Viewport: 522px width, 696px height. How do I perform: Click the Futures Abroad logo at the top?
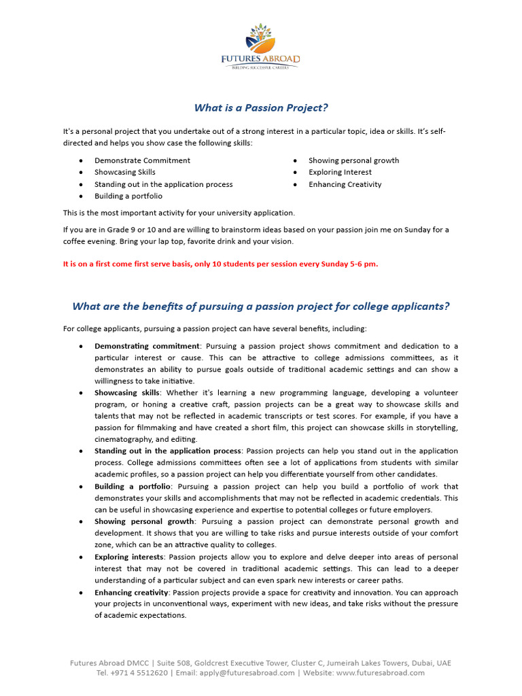260,46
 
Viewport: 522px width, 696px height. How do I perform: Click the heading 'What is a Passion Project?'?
261,107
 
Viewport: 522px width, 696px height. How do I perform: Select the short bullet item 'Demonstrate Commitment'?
142,160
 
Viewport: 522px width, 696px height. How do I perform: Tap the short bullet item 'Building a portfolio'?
128,196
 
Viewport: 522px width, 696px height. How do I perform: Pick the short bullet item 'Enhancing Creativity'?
345,184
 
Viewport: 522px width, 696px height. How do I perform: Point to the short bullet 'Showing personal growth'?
353,160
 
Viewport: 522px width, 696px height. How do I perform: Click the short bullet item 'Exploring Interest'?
340,173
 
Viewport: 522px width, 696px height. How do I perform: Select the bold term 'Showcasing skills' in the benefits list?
126,393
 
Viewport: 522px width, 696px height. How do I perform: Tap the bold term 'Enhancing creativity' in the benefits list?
131,593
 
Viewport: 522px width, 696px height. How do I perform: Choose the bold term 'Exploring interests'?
128,557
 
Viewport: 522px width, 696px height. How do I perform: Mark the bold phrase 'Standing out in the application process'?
167,451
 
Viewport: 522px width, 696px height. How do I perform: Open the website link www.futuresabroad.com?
381,673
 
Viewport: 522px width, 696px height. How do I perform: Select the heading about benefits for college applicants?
261,307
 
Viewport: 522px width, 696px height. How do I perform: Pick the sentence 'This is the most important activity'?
179,213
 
